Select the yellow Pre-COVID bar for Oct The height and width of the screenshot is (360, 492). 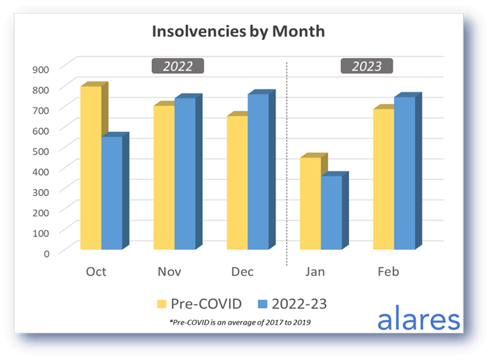pos(91,168)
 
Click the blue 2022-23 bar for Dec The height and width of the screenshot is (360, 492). pos(258,171)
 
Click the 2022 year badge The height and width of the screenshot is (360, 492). pos(178,67)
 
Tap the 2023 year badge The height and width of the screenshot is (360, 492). pos(366,67)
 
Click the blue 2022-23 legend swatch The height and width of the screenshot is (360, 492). pos(262,302)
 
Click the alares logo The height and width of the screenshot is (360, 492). pos(418,320)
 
